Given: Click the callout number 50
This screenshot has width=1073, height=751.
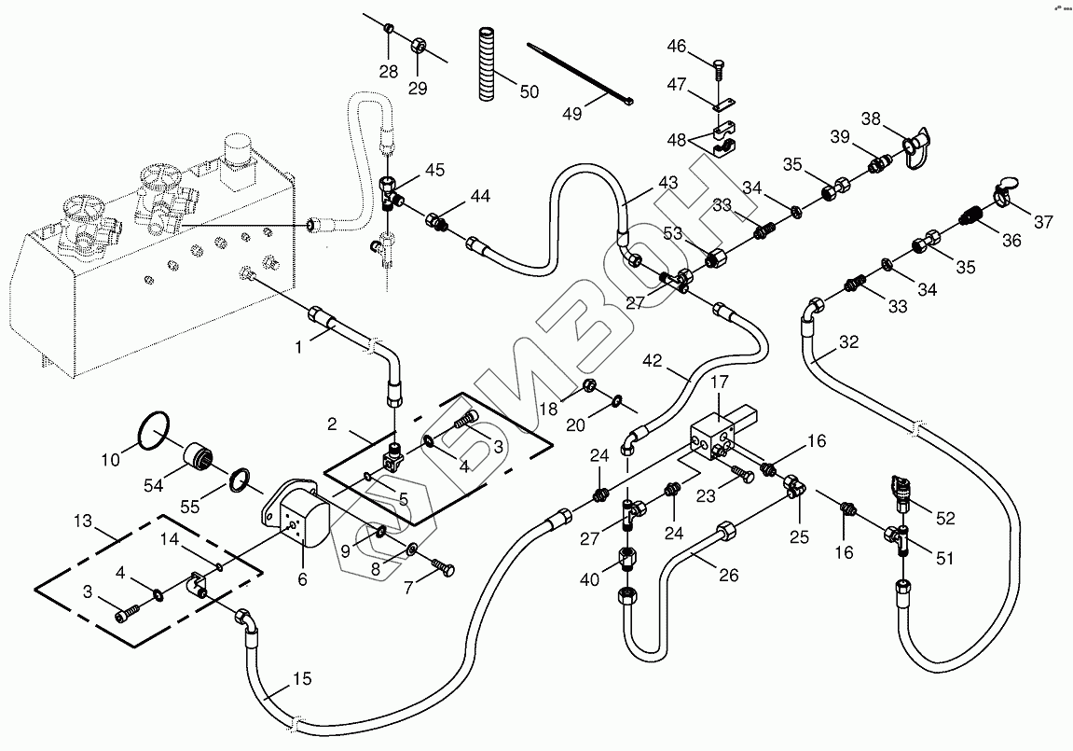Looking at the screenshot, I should (x=529, y=91).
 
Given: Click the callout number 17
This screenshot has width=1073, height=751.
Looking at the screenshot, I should (x=721, y=382).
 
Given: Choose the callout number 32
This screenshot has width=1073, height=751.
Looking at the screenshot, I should (x=847, y=341).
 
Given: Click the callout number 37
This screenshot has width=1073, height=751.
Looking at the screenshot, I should (x=1042, y=222).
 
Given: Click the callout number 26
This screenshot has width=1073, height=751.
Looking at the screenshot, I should (x=728, y=576).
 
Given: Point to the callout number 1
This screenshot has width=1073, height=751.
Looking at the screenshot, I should (x=299, y=347).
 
